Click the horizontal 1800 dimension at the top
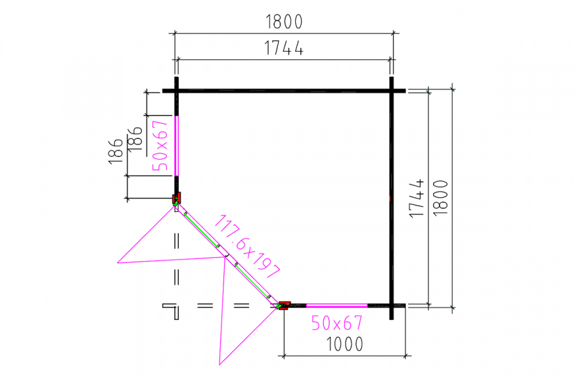pos(284,22)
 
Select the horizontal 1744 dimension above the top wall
pos(284,48)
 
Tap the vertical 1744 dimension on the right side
pos(417,199)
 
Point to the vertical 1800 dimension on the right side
pos(441,198)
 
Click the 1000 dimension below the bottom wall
pos(345,344)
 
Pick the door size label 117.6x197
pos(247,246)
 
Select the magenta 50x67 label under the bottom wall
pos(337,323)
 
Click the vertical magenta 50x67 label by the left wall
pos(160,146)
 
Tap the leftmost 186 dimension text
pos(116,151)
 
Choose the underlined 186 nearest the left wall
pos(135,139)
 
